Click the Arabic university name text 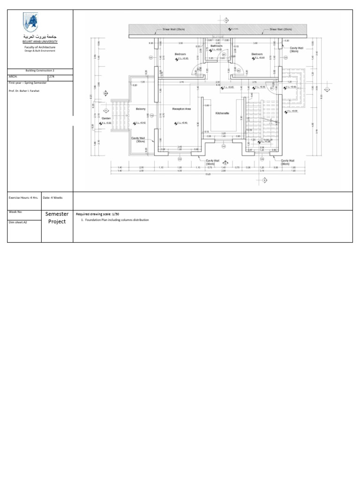coord(40,36)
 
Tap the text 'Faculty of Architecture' coord(40,47)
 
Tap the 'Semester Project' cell coord(57,217)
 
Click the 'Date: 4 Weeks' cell coord(52,197)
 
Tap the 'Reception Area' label coord(181,109)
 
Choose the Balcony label coord(141,109)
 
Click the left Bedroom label coord(180,54)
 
